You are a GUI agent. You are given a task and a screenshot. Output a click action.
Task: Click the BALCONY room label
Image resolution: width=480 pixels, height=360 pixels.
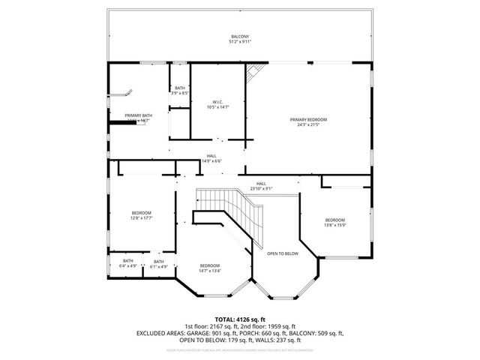click(240, 37)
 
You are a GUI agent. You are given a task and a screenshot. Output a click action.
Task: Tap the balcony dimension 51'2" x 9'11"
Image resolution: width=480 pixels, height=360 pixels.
click(240, 42)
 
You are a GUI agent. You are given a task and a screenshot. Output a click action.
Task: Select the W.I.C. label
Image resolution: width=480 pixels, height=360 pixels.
click(217, 102)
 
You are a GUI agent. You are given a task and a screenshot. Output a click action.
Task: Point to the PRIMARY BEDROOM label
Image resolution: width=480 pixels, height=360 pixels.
click(309, 119)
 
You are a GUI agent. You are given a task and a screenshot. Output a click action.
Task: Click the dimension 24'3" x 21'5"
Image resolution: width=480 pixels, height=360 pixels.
click(309, 124)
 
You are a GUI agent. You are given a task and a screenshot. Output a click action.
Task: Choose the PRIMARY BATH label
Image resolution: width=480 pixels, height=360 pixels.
click(138, 115)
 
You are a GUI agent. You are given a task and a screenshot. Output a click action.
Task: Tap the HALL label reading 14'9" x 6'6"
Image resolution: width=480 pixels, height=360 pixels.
click(212, 160)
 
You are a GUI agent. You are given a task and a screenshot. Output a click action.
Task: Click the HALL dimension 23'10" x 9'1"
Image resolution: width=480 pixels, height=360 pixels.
click(261, 188)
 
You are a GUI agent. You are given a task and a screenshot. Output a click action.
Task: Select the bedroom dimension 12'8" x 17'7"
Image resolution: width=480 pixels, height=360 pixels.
click(142, 218)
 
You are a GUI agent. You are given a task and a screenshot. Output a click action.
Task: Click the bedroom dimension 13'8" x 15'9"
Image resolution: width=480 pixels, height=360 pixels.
click(334, 224)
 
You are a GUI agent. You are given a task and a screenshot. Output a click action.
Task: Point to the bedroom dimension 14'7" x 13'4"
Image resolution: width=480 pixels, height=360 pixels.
click(210, 271)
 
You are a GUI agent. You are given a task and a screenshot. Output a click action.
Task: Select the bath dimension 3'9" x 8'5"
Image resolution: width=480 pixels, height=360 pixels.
click(180, 93)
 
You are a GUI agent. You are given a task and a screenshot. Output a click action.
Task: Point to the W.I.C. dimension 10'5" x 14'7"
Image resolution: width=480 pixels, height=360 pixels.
click(217, 107)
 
